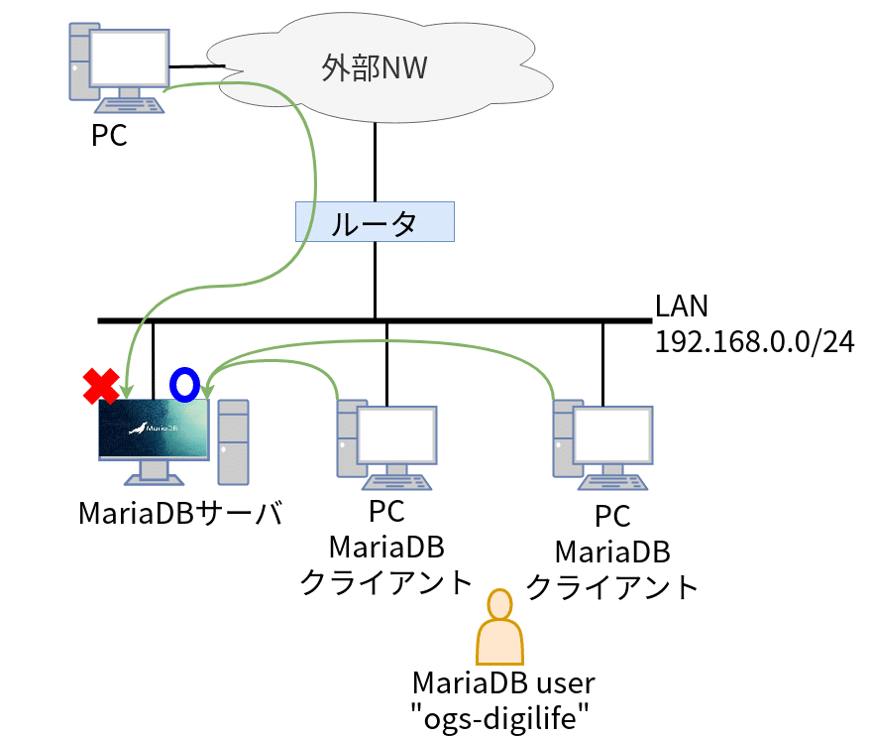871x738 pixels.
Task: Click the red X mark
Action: pyautogui.click(x=101, y=386)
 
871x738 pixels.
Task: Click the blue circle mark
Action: pyautogui.click(x=185, y=383)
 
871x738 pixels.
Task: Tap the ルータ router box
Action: pyautogui.click(x=375, y=222)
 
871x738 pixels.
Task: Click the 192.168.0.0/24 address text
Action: pyautogui.click(x=754, y=341)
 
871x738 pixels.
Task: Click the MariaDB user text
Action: pyautogui.click(x=502, y=683)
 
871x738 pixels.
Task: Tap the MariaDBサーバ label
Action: pyautogui.click(x=181, y=514)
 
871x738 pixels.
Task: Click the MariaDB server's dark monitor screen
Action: pyautogui.click(x=154, y=428)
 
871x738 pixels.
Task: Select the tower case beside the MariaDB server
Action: pyautogui.click(x=233, y=441)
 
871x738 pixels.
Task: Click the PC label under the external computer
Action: pyautogui.click(x=109, y=135)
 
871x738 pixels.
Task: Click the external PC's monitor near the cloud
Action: pyautogui.click(x=130, y=58)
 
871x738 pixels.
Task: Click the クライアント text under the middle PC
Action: pyautogui.click(x=385, y=581)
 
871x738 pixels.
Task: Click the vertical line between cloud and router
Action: pyautogui.click(x=375, y=159)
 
